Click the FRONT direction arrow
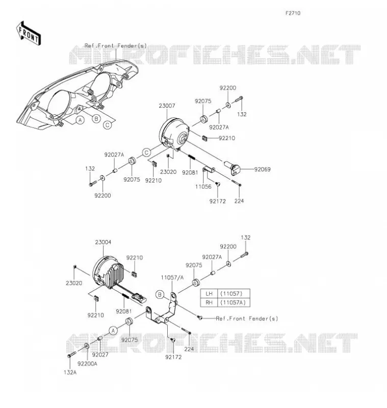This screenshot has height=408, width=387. pyautogui.click(x=29, y=33)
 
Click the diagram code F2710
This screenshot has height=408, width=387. pyautogui.click(x=293, y=13)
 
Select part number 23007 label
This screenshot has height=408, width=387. pyautogui.click(x=167, y=106)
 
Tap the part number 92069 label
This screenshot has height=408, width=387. pyautogui.click(x=262, y=169)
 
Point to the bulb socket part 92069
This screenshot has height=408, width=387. pyautogui.click(x=233, y=168)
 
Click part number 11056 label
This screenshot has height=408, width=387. pyautogui.click(x=203, y=187)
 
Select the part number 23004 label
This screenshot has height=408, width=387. pyautogui.click(x=103, y=242)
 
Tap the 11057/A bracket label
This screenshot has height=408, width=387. pyautogui.click(x=172, y=277)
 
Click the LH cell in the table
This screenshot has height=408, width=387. pyautogui.click(x=209, y=294)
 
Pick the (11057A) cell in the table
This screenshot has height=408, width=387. pyautogui.click(x=233, y=302)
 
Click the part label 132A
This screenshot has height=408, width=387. pyautogui.click(x=70, y=372)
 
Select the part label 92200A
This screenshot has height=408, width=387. pyautogui.click(x=87, y=364)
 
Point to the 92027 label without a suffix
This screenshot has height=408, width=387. pyautogui.click(x=100, y=354)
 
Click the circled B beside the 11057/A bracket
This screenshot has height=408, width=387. pyautogui.click(x=160, y=295)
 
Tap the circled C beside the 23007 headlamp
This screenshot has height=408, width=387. pyautogui.click(x=147, y=152)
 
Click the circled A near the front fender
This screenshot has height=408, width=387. pyautogui.click(x=81, y=120)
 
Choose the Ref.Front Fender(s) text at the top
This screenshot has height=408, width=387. pyautogui.click(x=115, y=46)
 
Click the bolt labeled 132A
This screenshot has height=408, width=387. pyautogui.click(x=71, y=354)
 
